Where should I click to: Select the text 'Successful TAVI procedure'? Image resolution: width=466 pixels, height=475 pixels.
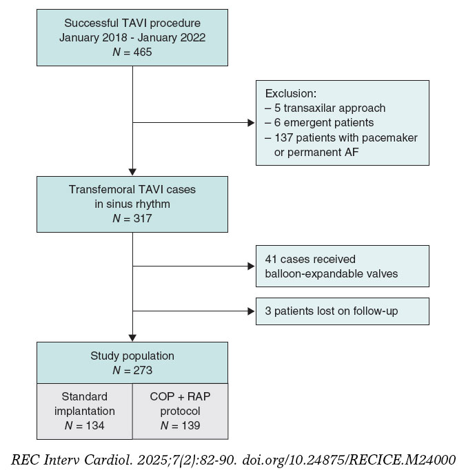(x=132, y=21)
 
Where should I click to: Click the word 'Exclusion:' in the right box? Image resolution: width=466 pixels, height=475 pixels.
(x=290, y=94)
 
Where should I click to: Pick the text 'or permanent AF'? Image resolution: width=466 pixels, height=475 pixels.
(x=314, y=152)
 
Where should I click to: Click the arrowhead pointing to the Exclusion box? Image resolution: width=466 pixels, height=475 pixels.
(x=250, y=124)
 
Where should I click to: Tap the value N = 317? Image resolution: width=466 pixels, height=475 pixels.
(x=132, y=217)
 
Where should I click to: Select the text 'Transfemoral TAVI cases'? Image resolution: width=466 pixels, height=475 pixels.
(x=132, y=189)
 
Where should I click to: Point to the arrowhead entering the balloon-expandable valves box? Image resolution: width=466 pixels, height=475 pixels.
(x=250, y=265)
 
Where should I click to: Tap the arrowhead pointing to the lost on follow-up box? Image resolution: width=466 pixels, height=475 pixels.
(x=250, y=311)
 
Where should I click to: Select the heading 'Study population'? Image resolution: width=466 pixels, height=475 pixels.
(x=132, y=356)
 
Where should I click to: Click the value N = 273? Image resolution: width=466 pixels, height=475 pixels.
(x=132, y=370)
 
